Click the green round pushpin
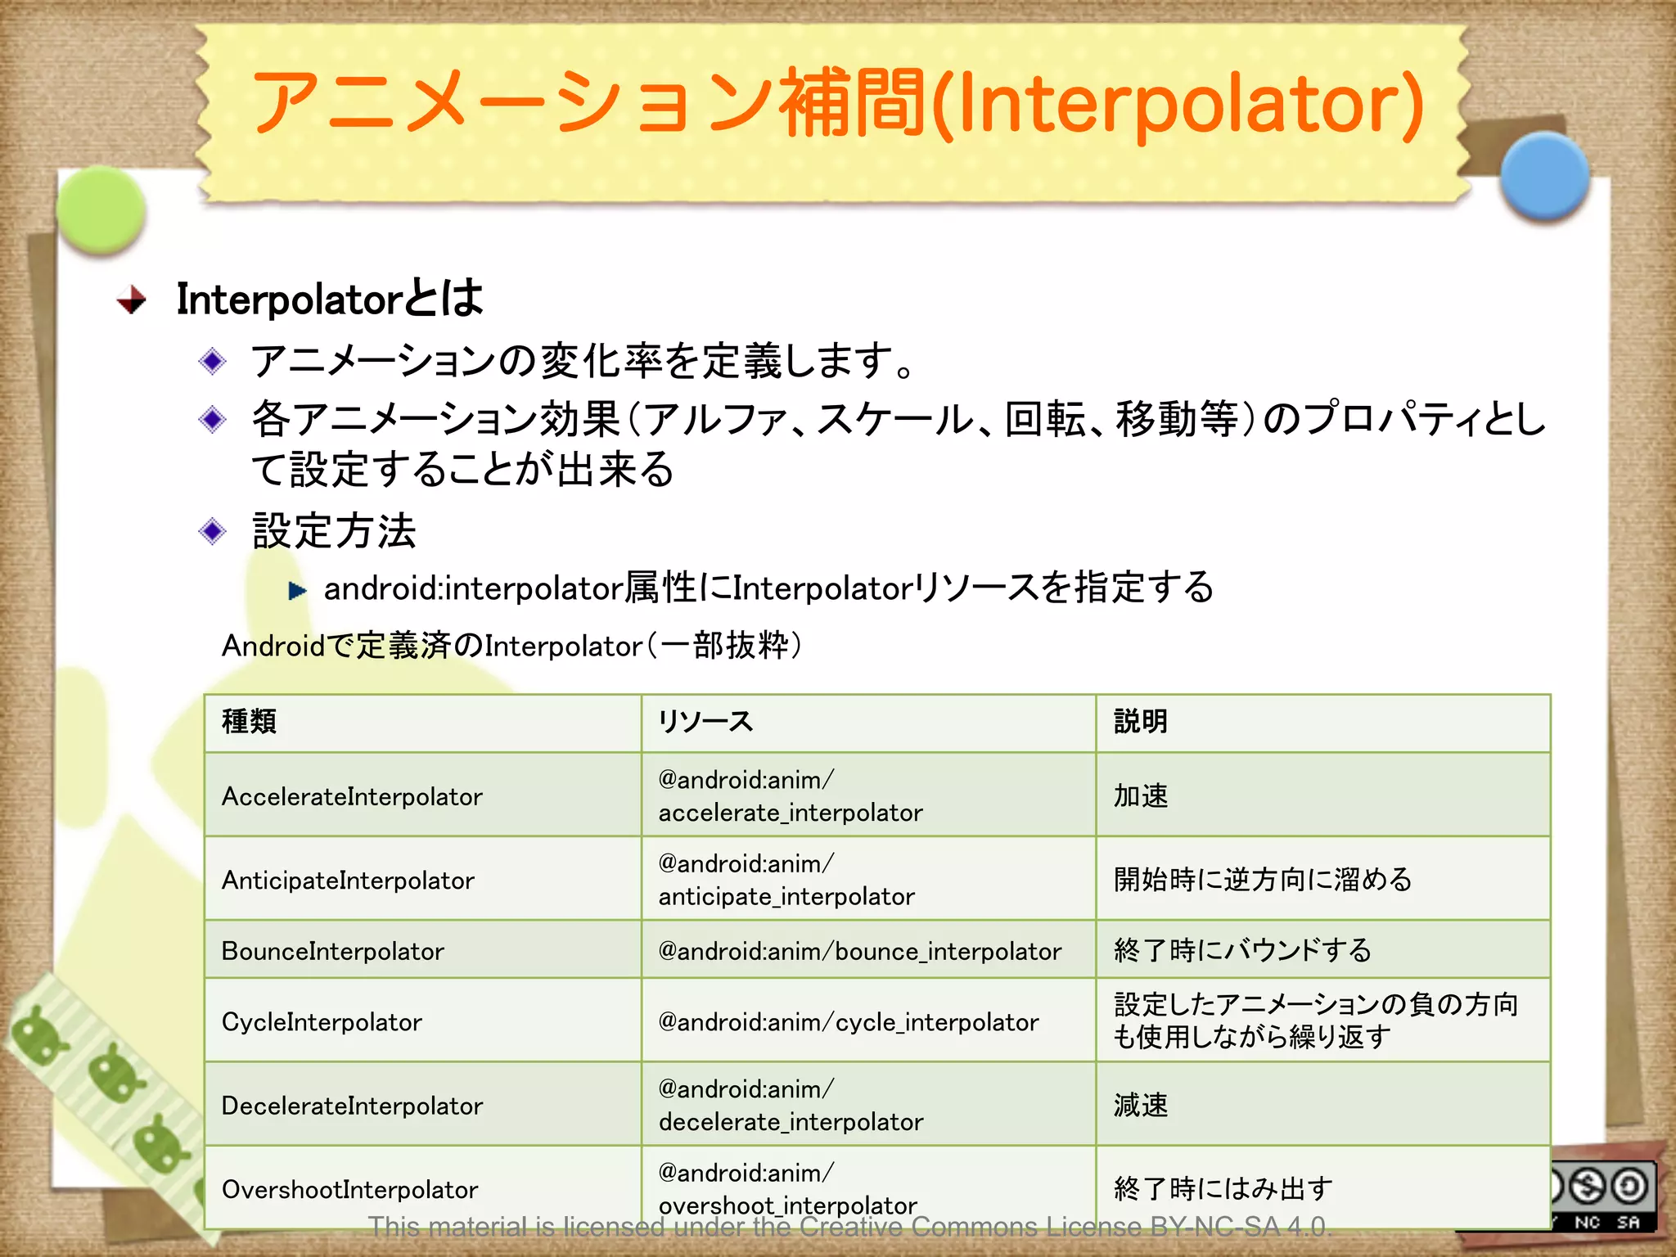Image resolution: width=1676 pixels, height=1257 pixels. [x=101, y=209]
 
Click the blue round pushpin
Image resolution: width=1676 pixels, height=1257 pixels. [x=1544, y=176]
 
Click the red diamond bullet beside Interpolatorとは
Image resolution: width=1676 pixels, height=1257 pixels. [x=132, y=300]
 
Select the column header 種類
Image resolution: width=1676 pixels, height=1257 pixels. [x=250, y=722]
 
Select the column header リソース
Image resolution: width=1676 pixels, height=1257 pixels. [x=705, y=722]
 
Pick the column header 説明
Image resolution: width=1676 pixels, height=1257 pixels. [x=1141, y=722]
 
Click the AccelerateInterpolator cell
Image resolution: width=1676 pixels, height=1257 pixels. [x=352, y=796]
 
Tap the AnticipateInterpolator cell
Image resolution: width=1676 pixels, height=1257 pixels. [x=348, y=880]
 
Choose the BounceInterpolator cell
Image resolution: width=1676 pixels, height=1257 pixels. [x=332, y=951]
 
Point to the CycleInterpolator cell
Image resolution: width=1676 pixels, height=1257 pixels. [x=322, y=1022]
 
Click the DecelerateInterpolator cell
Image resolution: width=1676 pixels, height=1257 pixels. [x=352, y=1106]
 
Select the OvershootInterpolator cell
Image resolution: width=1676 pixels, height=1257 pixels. [x=349, y=1189]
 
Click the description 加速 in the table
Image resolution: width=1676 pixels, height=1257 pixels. [x=1141, y=795]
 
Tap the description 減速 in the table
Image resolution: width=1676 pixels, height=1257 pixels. [x=1141, y=1106]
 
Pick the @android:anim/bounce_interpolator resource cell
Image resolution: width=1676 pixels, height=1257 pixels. [x=859, y=951]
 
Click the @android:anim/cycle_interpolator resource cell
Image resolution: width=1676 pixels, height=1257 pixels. [x=849, y=1022]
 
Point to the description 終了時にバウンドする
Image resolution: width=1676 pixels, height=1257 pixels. [x=1242, y=951]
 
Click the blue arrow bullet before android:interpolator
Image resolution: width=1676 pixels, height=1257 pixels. [x=297, y=590]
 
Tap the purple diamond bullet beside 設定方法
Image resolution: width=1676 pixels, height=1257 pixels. [x=213, y=532]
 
